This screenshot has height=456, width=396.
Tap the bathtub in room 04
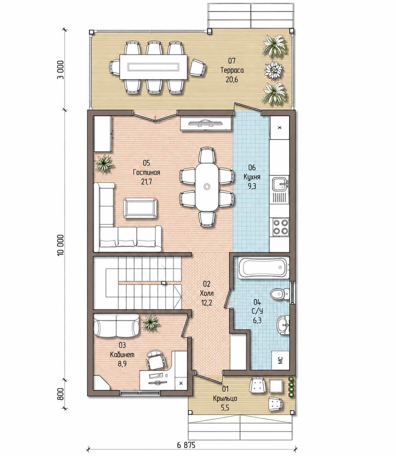(x=263, y=267)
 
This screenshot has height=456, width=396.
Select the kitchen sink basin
(x=279, y=184)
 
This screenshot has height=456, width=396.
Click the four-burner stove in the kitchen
(x=280, y=227)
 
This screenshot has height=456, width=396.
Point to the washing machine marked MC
(x=280, y=360)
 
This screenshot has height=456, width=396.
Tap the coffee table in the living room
(x=140, y=208)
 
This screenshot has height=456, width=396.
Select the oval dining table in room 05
(x=207, y=187)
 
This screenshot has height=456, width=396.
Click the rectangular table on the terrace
(x=153, y=67)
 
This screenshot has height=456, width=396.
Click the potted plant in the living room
(x=104, y=164)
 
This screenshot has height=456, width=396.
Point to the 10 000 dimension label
(x=61, y=245)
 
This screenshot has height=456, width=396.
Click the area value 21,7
(x=146, y=182)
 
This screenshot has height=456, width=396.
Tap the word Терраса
(x=232, y=70)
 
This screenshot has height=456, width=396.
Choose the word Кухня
(x=252, y=177)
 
